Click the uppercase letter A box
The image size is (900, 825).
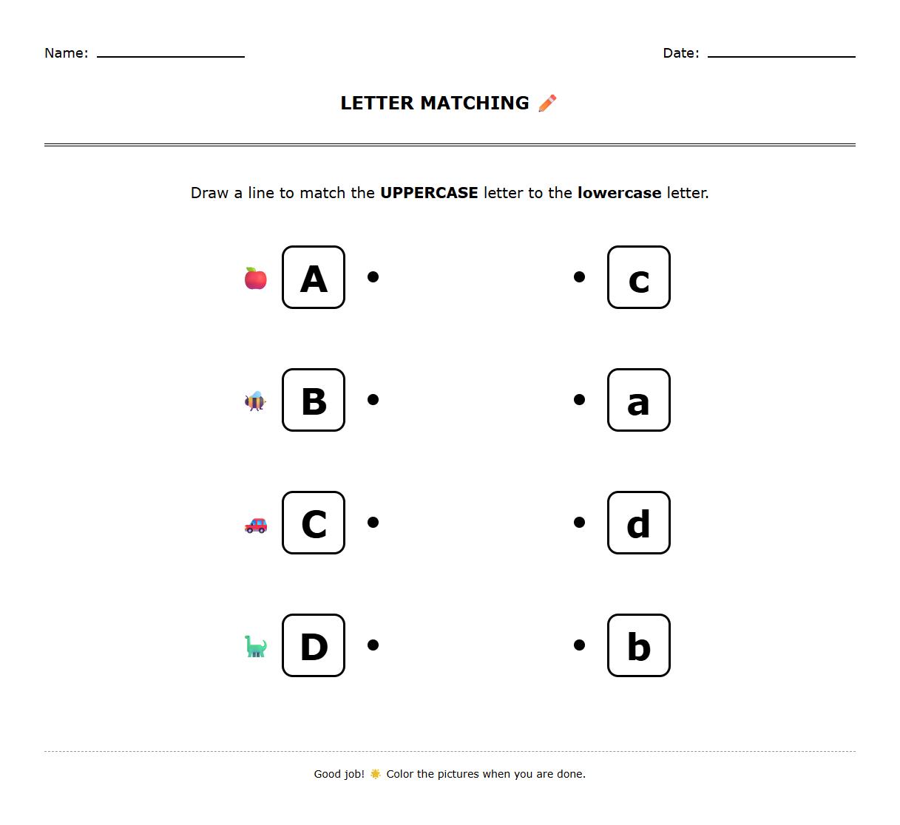pos(314,277)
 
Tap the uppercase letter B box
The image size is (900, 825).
pos(314,400)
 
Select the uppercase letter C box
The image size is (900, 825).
pos(314,523)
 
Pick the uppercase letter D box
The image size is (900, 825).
pos(314,645)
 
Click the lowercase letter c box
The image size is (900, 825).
pos(638,277)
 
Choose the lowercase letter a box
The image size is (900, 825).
pos(638,400)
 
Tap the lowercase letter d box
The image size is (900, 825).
pos(638,523)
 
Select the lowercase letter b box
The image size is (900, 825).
pos(638,645)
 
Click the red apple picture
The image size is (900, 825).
pos(256,279)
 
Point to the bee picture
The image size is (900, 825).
pos(255,401)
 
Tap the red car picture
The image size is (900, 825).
pos(256,525)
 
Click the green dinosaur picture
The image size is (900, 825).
pos(255,647)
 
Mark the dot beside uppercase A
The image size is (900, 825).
pos(373,277)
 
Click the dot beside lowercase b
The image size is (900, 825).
pos(579,645)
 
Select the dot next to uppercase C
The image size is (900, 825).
pos(373,523)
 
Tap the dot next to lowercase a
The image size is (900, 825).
pos(579,400)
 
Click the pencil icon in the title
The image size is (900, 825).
pos(547,103)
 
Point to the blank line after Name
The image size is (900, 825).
pos(171,55)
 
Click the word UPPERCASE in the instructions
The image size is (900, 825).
pos(429,193)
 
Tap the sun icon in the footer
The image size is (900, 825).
pos(376,774)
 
